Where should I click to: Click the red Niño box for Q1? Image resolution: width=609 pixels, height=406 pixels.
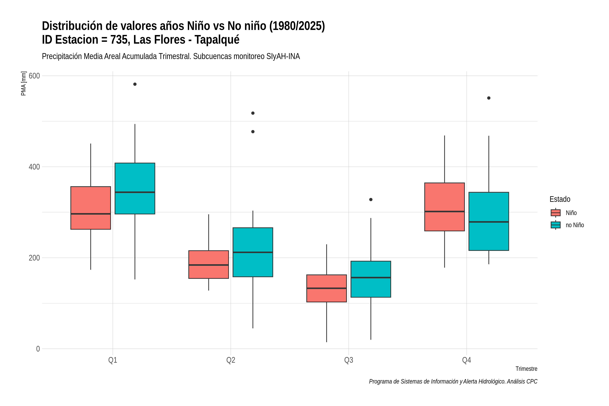tap(91, 208)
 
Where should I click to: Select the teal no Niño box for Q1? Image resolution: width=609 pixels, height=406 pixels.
tap(135, 188)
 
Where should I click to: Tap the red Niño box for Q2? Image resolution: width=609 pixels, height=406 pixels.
tap(209, 264)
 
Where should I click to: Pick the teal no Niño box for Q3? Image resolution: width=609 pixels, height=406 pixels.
tap(371, 279)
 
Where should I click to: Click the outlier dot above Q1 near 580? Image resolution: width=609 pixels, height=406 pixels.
tap(135, 84)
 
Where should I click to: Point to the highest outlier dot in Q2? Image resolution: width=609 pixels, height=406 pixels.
tap(253, 113)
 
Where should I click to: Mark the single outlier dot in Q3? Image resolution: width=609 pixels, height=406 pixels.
tap(371, 200)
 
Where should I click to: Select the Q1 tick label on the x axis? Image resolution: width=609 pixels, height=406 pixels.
tap(113, 360)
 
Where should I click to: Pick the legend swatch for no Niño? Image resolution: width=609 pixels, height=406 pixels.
tap(556, 225)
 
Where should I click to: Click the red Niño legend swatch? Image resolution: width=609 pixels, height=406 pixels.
tap(556, 213)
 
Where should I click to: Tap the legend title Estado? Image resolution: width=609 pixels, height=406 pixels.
tap(560, 199)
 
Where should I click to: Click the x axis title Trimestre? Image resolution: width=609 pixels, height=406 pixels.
tap(526, 369)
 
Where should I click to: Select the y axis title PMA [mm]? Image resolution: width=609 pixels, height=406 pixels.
tap(24, 84)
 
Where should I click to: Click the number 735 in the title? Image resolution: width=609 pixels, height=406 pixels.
tap(120, 40)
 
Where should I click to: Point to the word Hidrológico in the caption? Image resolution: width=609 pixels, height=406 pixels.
tap(487, 381)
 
